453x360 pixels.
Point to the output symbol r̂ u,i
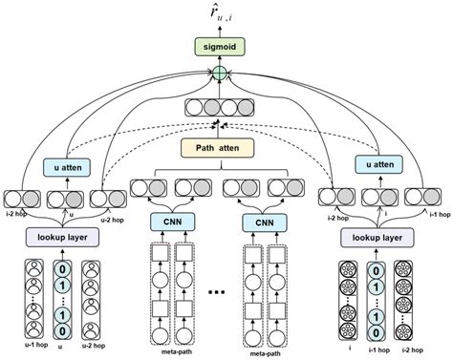pos(221,13)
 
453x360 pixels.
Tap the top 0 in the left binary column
pos(62,270)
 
